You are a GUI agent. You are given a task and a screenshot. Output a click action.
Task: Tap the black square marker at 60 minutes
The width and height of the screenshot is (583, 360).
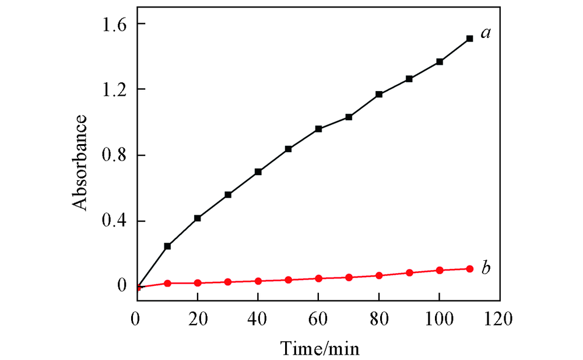pos(319,129)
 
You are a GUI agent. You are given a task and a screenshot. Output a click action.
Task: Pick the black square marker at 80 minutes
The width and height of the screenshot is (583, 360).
pos(379,94)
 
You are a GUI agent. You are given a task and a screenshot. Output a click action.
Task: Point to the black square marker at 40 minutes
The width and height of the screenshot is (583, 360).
pos(258,172)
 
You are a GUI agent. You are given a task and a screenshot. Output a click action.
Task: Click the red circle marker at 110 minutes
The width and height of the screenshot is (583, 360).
pos(470,269)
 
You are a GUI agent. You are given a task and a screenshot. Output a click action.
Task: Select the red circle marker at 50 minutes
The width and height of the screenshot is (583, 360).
pos(289,280)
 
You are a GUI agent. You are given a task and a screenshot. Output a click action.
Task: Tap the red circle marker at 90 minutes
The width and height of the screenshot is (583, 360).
pos(409,272)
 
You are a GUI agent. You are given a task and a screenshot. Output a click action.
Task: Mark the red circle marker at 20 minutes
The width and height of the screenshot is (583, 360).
pos(198,283)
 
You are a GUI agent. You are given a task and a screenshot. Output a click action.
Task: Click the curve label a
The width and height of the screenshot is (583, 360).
pos(484,34)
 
